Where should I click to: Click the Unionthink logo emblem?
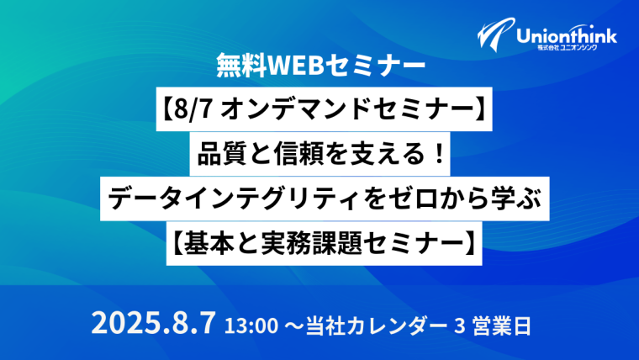tap(495, 34)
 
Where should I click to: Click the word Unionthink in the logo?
tap(567, 36)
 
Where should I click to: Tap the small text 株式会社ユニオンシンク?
tap(568, 48)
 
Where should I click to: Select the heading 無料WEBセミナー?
tap(321, 66)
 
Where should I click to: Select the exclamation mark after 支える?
tap(439, 155)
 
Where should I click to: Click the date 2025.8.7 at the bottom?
tap(153, 323)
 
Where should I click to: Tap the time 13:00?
tap(252, 326)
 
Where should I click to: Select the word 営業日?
tap(502, 326)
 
